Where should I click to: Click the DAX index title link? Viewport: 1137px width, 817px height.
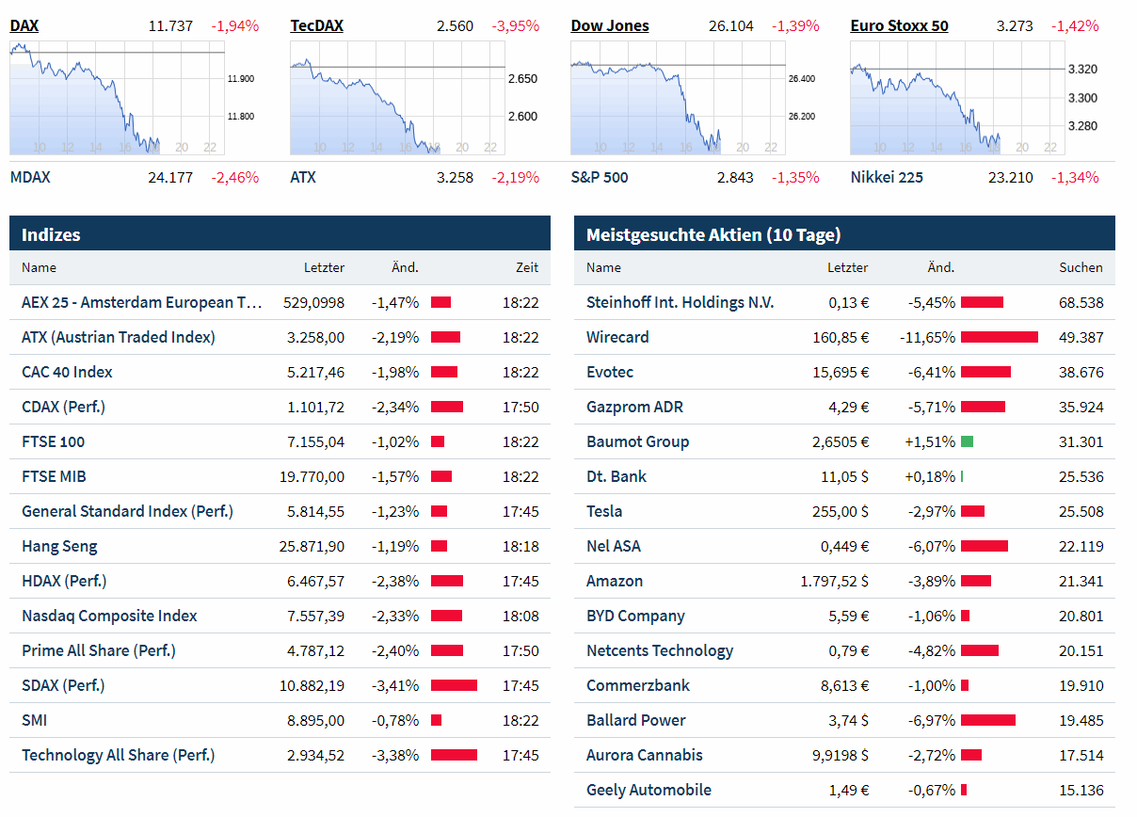coord(24,25)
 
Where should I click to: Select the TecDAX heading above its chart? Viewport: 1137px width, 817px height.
coord(316,25)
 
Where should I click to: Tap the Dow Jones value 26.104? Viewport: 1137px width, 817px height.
coord(730,25)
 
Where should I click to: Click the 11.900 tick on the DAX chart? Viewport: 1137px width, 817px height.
coord(241,79)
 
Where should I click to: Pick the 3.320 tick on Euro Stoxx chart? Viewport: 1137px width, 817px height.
coord(1082,69)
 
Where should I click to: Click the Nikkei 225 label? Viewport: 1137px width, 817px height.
coord(886,177)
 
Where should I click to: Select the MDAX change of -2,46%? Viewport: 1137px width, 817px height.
coord(234,177)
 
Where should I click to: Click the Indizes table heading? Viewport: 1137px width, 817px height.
coord(51,234)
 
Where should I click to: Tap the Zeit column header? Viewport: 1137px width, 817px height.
coord(527,267)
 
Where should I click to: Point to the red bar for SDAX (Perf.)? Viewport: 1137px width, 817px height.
coord(454,685)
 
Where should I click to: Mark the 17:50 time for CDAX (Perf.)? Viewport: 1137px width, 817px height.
coord(520,407)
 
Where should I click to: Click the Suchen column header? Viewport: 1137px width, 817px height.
coord(1081,267)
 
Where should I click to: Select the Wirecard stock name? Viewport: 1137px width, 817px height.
coord(617,337)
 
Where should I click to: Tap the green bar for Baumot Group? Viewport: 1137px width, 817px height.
coord(967,441)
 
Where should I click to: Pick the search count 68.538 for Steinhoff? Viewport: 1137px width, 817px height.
coord(1081,302)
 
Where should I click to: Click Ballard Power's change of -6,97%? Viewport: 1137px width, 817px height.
coord(932,720)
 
